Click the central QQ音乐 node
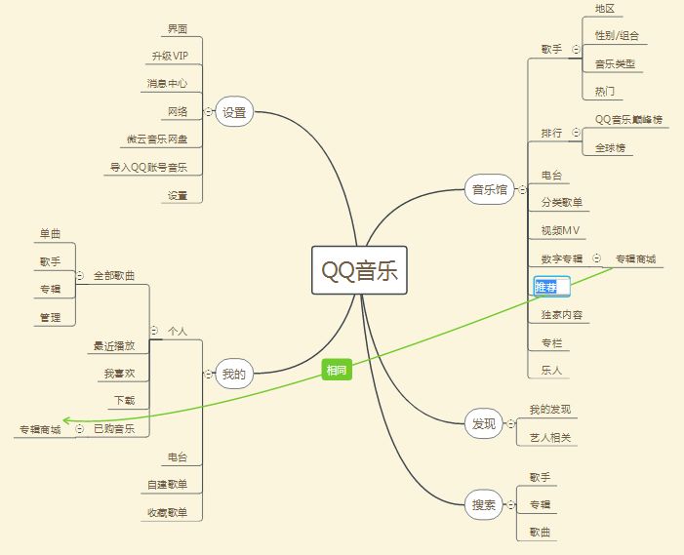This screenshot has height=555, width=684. coord(360,271)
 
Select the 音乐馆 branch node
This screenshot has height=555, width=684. coord(490,190)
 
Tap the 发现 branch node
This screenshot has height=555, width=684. coord(484,423)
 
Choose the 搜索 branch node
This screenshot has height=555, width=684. coord(484,504)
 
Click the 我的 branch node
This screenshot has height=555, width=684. coord(234,373)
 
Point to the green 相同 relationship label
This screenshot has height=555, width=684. coord(337,370)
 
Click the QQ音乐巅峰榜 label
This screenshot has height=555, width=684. coord(628,119)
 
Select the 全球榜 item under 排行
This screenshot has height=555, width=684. coord(610,147)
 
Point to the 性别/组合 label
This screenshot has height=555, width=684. coord(617,35)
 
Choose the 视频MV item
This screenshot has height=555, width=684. coord(560,230)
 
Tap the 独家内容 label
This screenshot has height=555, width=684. coord(561,315)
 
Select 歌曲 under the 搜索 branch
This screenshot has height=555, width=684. coord(540,532)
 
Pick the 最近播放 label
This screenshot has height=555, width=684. coord(114,345)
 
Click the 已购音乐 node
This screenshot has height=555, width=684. coord(114,428)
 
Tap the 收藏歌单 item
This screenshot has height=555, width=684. coord(168,511)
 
